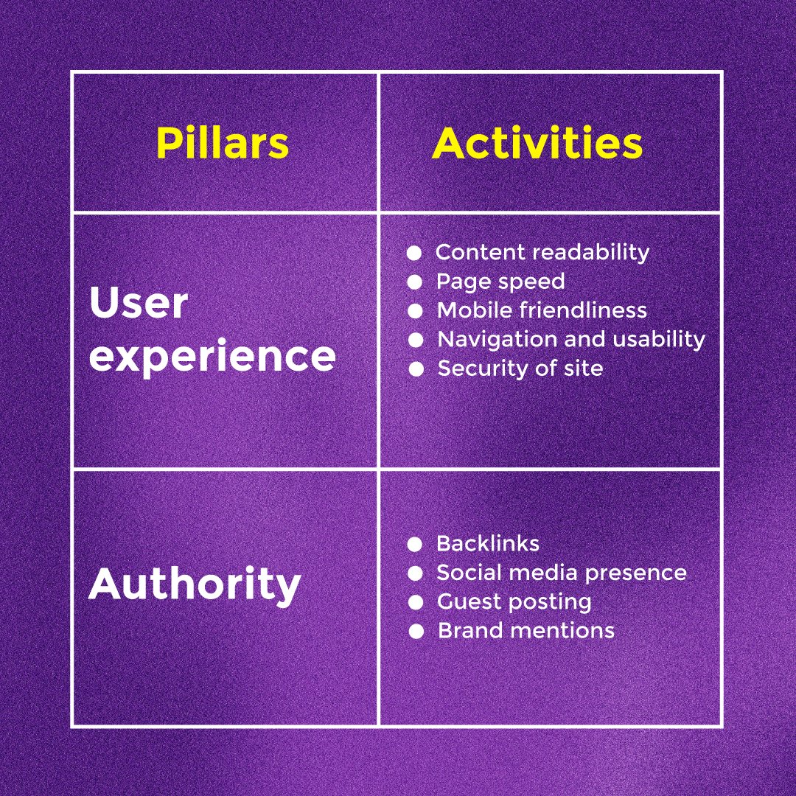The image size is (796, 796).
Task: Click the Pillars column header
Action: coord(222,144)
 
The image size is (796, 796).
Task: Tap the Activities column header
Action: coord(537,144)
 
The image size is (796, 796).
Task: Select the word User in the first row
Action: coord(139,302)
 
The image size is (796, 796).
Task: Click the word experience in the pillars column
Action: coord(212,355)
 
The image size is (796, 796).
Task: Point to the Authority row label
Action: coord(195,584)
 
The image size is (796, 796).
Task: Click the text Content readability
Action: coord(542,252)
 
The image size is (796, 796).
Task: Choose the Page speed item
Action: coord(500,282)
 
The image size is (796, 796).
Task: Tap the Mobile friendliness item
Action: coord(542,310)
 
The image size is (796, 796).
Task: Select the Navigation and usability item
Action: coord(571,339)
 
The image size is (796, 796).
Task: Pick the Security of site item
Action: coord(520,369)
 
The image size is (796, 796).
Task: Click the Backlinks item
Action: coord(488,544)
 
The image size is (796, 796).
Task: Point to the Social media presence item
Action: coord(562,573)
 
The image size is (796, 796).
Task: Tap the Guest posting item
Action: coord(514,601)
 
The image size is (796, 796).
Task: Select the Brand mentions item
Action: coord(526,631)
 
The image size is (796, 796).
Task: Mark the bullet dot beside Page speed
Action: coord(415,282)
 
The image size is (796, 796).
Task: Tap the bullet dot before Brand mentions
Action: coord(416,632)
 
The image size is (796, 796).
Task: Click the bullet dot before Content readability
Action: coord(414,253)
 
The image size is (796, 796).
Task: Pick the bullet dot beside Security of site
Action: coord(416,369)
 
